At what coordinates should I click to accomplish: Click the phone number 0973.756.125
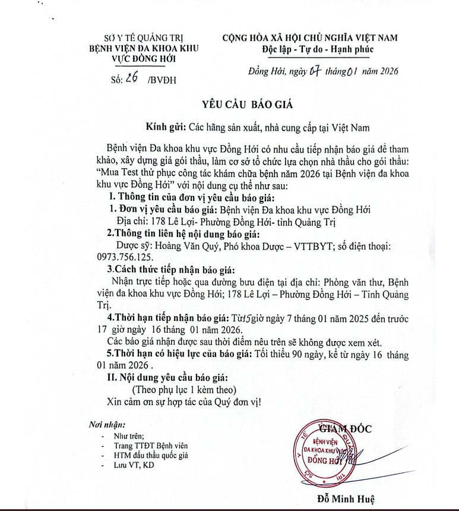point(125,257)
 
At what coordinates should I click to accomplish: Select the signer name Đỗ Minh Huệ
point(346,498)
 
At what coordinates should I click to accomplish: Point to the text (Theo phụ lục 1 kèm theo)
point(184,390)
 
